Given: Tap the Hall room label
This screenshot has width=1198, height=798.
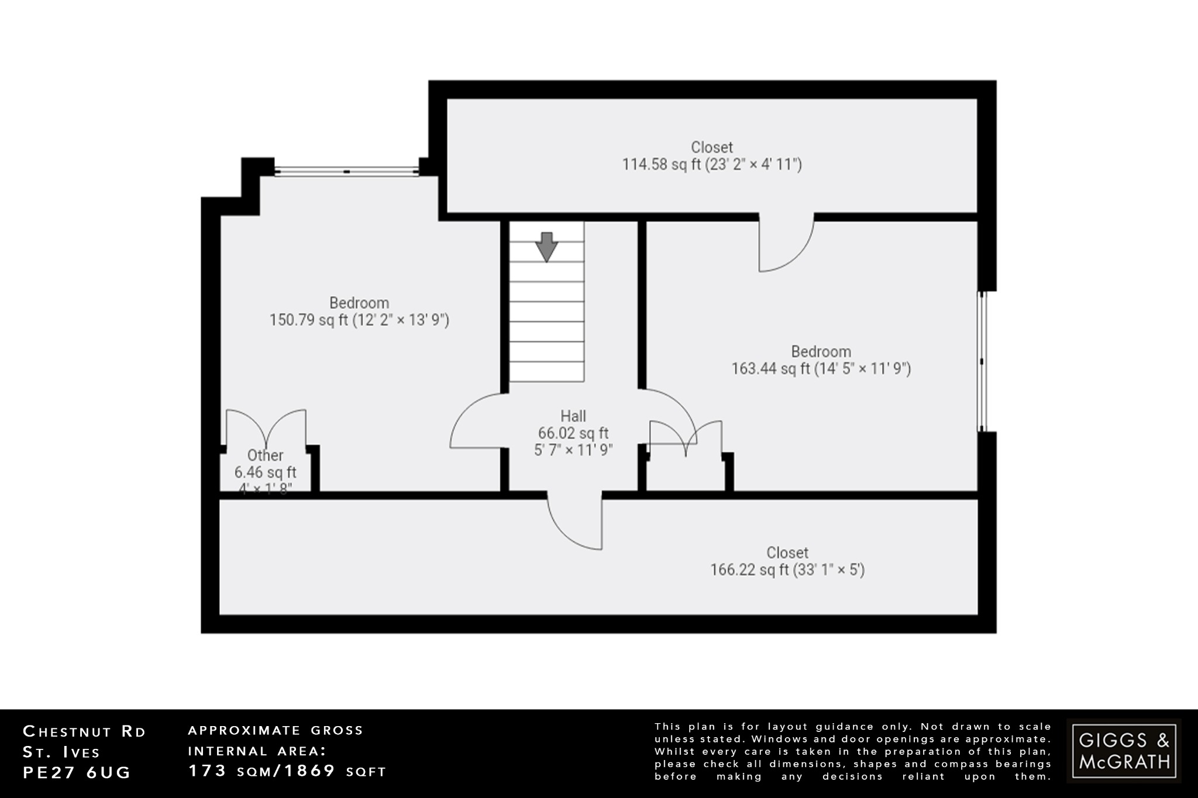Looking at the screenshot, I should (573, 416).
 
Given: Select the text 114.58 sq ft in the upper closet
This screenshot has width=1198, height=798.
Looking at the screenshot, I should (661, 164).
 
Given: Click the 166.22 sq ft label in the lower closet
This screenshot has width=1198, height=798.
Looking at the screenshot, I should (749, 570).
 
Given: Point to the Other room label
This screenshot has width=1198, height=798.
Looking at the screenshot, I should (265, 455).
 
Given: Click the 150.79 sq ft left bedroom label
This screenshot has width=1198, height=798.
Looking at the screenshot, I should (308, 320).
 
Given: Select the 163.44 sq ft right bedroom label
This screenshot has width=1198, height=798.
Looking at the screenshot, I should (770, 369).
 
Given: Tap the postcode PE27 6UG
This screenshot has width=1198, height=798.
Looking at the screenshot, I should (77, 772).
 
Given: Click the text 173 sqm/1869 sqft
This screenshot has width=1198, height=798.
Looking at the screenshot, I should (287, 771).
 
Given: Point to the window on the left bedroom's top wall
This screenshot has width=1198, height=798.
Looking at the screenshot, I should (347, 171).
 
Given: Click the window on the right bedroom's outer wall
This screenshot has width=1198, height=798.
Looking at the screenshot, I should (983, 361).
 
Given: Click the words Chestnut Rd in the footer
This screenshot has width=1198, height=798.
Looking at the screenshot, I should (84, 731).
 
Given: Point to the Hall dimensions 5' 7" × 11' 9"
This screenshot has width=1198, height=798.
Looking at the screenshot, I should (573, 450).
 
